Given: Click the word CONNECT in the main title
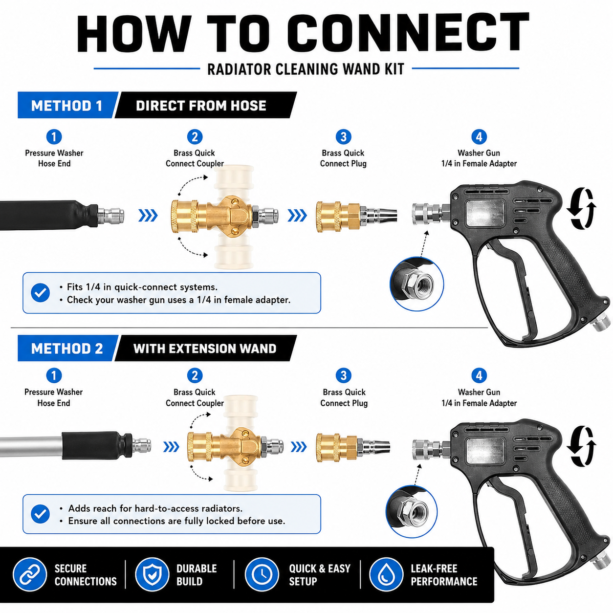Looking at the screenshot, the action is click(408, 32).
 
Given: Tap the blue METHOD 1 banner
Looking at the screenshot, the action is click(67, 105).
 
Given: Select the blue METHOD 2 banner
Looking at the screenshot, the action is click(67, 349).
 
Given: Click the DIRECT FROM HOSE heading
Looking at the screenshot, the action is click(201, 106).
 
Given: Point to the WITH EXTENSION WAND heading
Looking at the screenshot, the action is click(205, 349).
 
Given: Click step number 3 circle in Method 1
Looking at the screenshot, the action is click(343, 137).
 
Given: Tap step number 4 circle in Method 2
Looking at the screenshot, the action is click(479, 375).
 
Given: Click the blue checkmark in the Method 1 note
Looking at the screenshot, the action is click(41, 293).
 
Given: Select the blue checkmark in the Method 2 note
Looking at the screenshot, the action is click(41, 514).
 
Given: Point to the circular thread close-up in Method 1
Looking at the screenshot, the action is click(416, 284).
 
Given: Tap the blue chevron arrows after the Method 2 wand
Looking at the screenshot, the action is click(171, 447).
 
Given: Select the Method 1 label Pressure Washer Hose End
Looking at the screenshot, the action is click(54, 158).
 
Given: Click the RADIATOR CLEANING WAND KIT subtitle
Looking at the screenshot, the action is click(306, 69).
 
